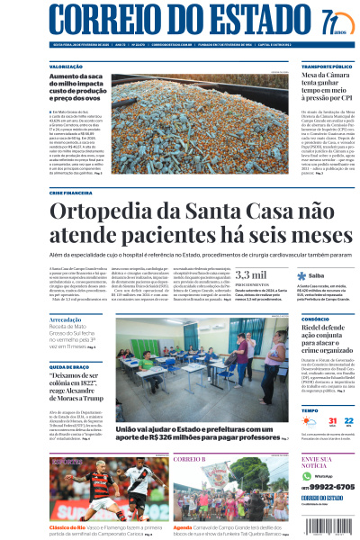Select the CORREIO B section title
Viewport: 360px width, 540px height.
pos(190,460)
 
